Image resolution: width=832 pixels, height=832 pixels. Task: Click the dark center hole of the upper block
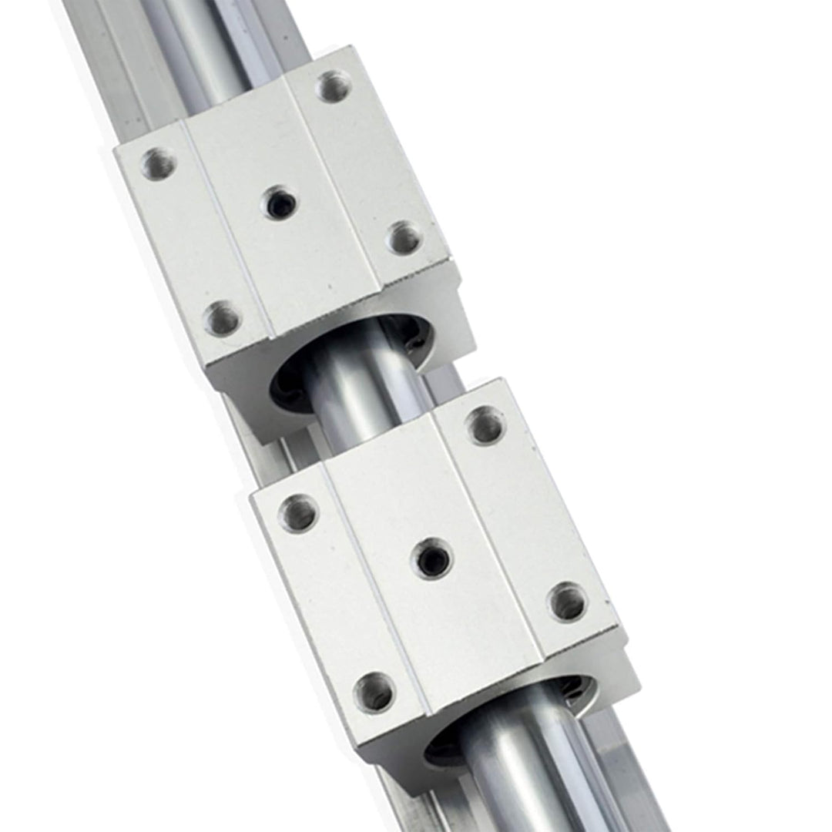click(280, 203)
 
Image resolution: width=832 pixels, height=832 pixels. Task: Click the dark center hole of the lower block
click(431, 557)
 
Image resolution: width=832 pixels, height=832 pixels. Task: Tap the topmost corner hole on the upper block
click(333, 86)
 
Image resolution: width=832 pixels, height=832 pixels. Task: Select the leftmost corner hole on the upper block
click(158, 163)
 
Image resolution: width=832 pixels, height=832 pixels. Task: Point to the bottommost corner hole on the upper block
click(223, 317)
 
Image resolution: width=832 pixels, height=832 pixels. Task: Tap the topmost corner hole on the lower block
click(485, 425)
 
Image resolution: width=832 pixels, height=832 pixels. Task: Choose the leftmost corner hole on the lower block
click(298, 513)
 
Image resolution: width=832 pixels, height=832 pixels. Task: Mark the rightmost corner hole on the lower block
click(568, 601)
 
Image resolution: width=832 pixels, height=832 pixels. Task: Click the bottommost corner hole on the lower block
click(375, 691)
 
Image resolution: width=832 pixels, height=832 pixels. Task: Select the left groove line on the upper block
click(227, 231)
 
